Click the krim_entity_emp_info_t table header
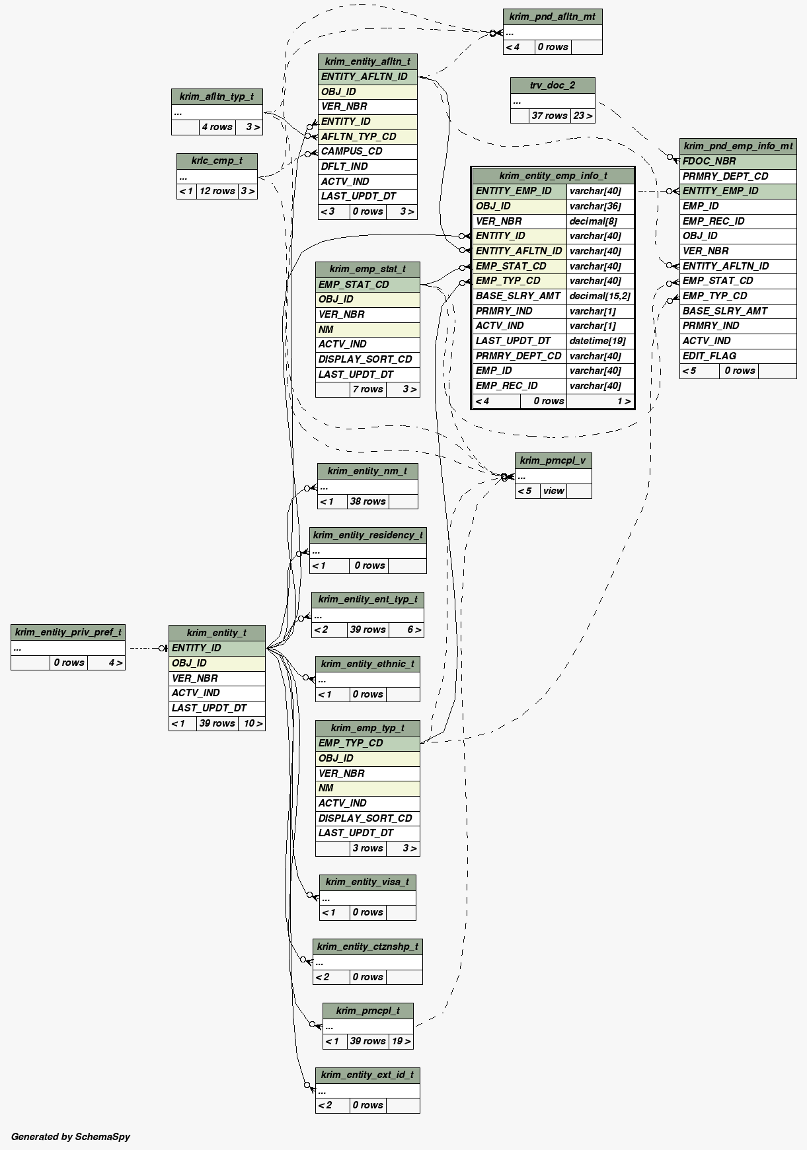pos(553,176)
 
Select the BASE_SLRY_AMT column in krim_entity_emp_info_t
pos(518,296)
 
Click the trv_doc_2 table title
pos(553,85)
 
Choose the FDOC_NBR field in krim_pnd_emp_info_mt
pos(709,161)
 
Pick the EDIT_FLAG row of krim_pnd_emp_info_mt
pos(709,356)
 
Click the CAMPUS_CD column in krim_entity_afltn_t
pos(352,151)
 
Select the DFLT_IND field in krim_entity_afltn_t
pos(344,166)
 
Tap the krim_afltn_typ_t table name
pos(217,96)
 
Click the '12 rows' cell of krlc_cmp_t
pos(217,191)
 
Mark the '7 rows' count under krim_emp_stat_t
pos(367,389)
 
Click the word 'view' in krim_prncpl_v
pos(553,491)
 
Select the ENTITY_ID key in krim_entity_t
pos(196,648)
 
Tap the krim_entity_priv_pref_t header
pos(68,632)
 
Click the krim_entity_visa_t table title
pos(367,882)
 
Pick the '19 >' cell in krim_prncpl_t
pos(401,1041)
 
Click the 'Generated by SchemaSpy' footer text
pos(71,1137)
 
